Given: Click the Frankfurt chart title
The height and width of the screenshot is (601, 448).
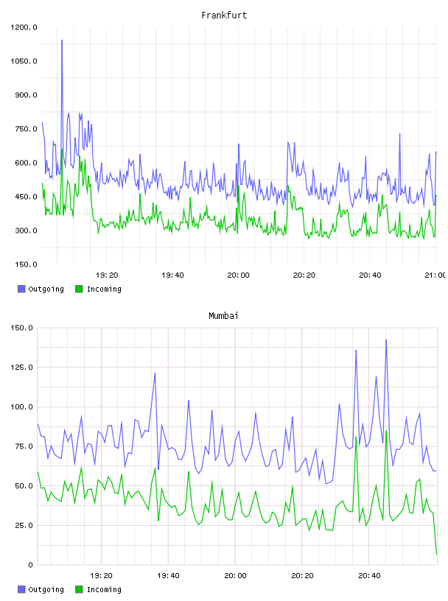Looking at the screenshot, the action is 224,15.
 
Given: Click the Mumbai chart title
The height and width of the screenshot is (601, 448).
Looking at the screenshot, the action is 223,316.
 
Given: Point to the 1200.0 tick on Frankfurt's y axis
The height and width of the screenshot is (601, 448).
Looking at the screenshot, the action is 24,27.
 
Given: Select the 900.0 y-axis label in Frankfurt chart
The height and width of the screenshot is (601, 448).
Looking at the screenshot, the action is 26,95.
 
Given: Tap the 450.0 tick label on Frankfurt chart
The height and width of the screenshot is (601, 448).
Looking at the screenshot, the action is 26,197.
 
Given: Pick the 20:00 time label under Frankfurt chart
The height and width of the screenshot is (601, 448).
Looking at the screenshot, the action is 238,275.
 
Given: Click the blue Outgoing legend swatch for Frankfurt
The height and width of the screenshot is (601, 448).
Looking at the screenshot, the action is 21,289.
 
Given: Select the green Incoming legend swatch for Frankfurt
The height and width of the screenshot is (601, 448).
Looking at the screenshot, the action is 79,289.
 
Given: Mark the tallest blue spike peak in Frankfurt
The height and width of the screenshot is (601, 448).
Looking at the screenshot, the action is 62,40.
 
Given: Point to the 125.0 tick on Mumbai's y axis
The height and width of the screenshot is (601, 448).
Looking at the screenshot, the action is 22,368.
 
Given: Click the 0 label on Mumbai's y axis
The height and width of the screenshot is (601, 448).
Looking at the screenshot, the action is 30,565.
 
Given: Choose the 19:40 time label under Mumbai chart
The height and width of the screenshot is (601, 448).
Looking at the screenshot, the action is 168,575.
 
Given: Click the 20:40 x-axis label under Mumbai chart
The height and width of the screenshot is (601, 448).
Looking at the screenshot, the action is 369,575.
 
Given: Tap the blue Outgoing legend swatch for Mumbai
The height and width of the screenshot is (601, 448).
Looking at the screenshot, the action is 21,589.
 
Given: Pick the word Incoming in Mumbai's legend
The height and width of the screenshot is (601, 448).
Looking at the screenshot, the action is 104,589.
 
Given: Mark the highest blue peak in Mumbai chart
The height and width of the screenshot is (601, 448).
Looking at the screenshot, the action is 386,340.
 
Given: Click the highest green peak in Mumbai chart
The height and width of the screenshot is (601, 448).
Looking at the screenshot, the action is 386,431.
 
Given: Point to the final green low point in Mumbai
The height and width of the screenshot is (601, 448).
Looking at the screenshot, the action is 436,554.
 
